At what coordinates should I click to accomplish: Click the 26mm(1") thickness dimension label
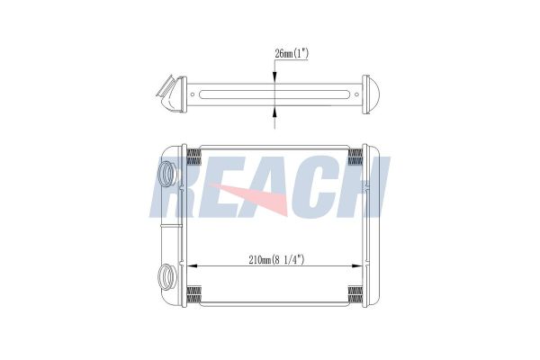[x=292, y=54]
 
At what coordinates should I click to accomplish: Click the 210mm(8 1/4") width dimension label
[x=276, y=259]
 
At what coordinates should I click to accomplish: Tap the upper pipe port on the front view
[x=167, y=174]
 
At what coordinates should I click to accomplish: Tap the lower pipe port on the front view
[x=167, y=276]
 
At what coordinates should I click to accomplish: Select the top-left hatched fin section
[x=193, y=157]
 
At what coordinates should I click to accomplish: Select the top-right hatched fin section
[x=355, y=157]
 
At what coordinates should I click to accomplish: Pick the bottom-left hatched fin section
[x=193, y=295]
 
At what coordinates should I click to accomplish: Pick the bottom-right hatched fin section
[x=355, y=295]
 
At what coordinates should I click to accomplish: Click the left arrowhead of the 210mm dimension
[x=192, y=266]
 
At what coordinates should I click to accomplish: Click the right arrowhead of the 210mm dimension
[x=357, y=266]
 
